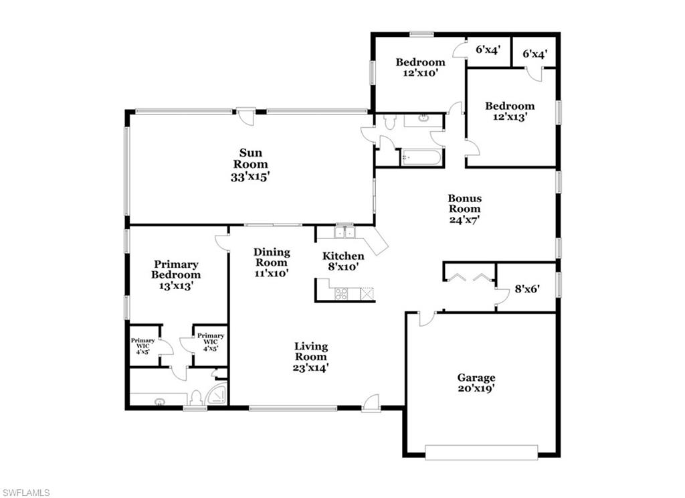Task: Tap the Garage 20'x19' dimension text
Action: pos(476,388)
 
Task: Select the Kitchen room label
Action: pos(343,256)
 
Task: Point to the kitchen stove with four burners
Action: pos(341,293)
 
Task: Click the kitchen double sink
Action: pos(344,232)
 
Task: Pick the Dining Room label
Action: pos(272,257)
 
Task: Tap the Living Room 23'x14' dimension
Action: pos(311,367)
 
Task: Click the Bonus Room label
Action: pos(464,203)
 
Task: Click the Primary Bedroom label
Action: pos(175,269)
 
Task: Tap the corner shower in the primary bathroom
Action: pos(217,395)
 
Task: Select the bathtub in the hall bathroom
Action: pos(421,158)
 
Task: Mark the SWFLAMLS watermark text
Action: pos(26,493)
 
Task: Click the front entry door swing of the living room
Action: pos(371,402)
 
